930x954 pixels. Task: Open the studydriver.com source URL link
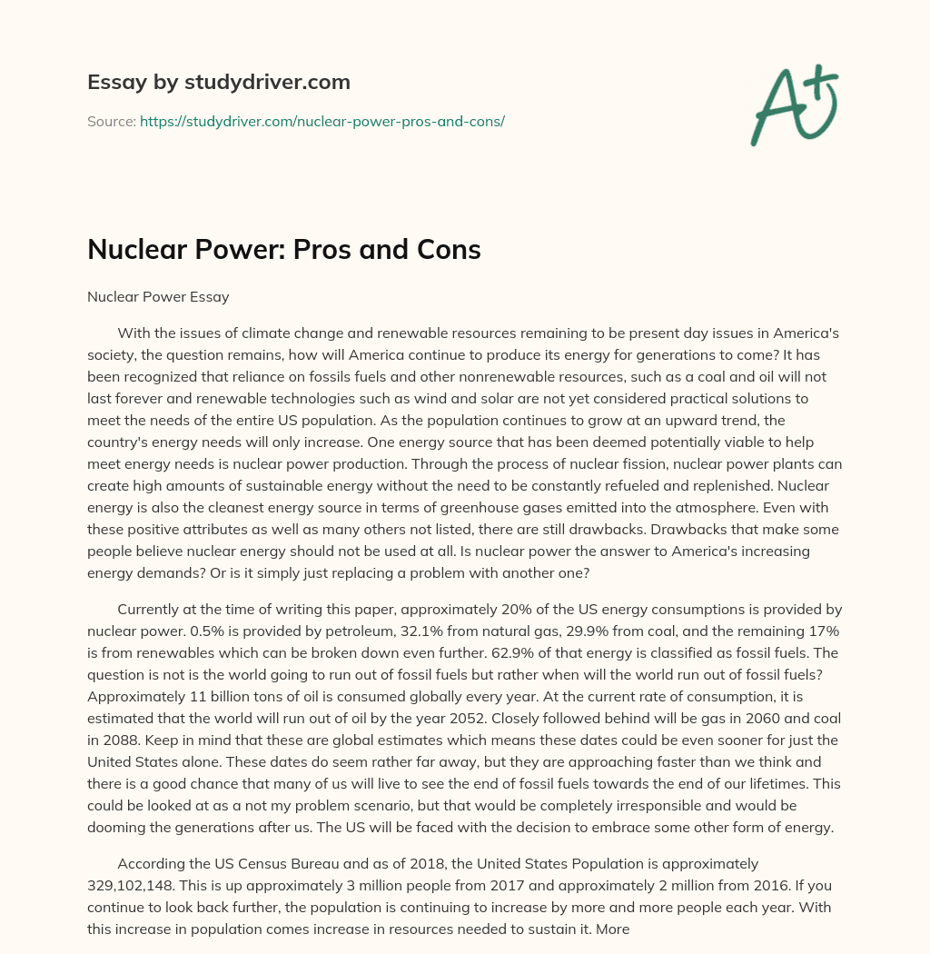[322, 121]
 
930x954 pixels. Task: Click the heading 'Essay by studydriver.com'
[218, 82]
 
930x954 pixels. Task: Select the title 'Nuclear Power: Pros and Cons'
[283, 250]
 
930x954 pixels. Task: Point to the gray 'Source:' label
[111, 121]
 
